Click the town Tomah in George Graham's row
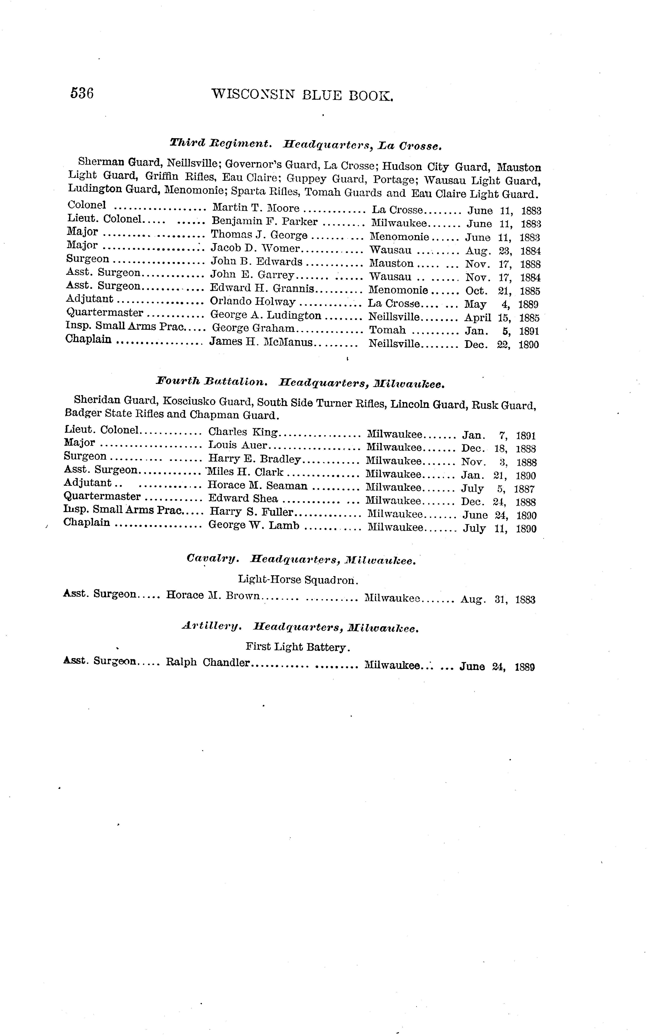click(x=387, y=330)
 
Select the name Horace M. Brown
click(x=213, y=595)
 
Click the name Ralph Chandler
click(x=207, y=662)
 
